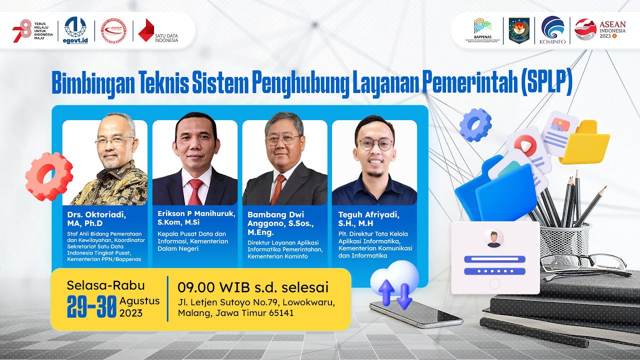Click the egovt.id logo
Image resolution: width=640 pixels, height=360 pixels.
(75, 30)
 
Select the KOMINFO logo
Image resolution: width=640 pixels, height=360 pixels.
(552, 30)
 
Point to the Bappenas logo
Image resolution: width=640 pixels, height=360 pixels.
(483, 30)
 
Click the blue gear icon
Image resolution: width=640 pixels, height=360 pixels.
(475, 124)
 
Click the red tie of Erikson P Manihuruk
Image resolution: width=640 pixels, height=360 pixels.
(195, 191)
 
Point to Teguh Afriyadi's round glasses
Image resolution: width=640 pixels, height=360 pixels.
(375, 144)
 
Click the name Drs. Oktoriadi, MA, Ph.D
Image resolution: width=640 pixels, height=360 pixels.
(96, 218)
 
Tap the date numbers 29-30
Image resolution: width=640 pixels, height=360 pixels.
(92, 306)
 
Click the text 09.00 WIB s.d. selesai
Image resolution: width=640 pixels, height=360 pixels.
(253, 287)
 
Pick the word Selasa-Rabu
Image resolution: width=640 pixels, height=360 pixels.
(105, 285)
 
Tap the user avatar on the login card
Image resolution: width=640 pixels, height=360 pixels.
(494, 238)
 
